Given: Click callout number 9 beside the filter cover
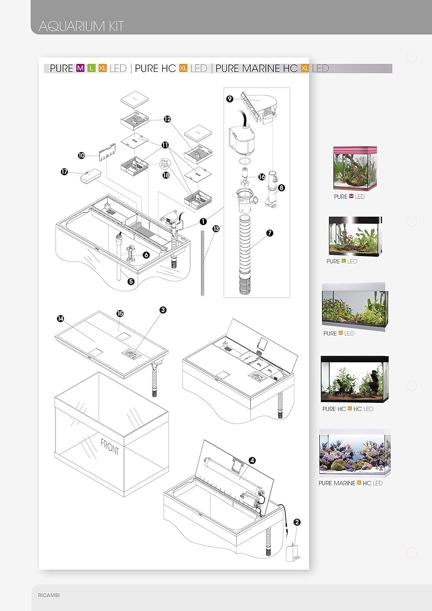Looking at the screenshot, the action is [230, 99].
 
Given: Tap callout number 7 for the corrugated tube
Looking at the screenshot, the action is [270, 233].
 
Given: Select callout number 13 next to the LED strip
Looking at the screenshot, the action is [216, 229].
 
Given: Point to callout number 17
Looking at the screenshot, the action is [64, 171].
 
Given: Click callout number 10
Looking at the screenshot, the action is [81, 156].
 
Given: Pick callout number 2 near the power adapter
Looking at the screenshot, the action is [297, 522].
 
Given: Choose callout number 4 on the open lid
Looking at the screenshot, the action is [252, 460].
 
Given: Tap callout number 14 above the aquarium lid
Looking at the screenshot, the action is [61, 319].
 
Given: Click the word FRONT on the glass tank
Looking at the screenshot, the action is [110, 447].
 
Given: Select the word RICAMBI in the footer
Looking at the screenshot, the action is [48, 595].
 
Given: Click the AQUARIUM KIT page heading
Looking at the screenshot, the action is [81, 26].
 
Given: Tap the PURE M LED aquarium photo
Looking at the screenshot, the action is [355, 168].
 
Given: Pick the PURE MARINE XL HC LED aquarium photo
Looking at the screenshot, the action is [355, 453].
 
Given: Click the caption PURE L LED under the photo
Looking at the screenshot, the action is [342, 262].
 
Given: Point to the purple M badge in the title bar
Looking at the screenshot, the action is [81, 68].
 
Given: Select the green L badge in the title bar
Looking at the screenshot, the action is [91, 68].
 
